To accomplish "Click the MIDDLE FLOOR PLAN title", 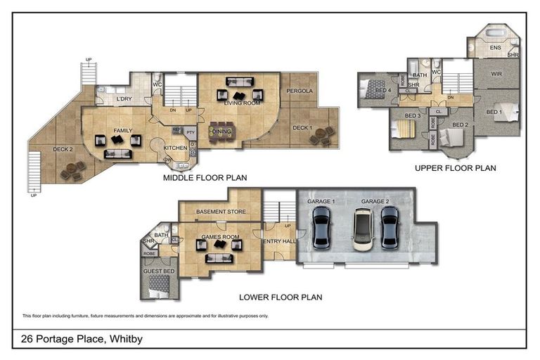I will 204,179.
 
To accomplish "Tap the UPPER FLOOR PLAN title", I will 455,168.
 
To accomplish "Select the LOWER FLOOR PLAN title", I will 281,297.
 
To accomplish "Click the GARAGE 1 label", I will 321,202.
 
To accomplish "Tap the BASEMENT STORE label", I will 220,212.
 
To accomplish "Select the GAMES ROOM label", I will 220,237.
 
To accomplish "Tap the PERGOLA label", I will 300,91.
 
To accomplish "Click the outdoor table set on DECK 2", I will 73,170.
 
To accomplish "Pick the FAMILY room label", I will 123,131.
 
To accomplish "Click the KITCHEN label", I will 175,148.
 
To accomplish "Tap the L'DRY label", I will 124,99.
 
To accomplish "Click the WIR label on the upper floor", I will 496,74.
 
